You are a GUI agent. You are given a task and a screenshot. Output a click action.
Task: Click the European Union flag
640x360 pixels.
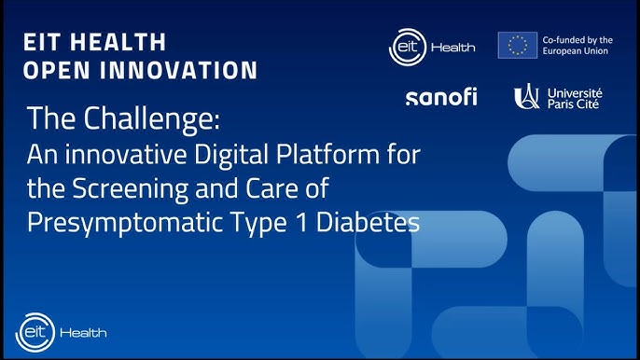[x=517, y=45]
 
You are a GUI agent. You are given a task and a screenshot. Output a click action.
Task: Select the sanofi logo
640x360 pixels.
[x=440, y=97]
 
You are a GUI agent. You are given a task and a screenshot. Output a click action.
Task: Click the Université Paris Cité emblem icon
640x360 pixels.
[x=526, y=96]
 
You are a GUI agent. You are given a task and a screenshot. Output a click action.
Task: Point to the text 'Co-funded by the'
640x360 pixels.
[x=578, y=39]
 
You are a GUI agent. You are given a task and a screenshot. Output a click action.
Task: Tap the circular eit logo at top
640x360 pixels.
[x=407, y=46]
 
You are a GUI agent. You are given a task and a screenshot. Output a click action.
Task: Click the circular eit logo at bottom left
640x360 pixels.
[x=33, y=331]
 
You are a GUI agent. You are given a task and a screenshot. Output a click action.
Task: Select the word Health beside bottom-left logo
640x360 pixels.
[x=83, y=332]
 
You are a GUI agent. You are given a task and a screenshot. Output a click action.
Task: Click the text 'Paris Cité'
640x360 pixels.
[x=575, y=104]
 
